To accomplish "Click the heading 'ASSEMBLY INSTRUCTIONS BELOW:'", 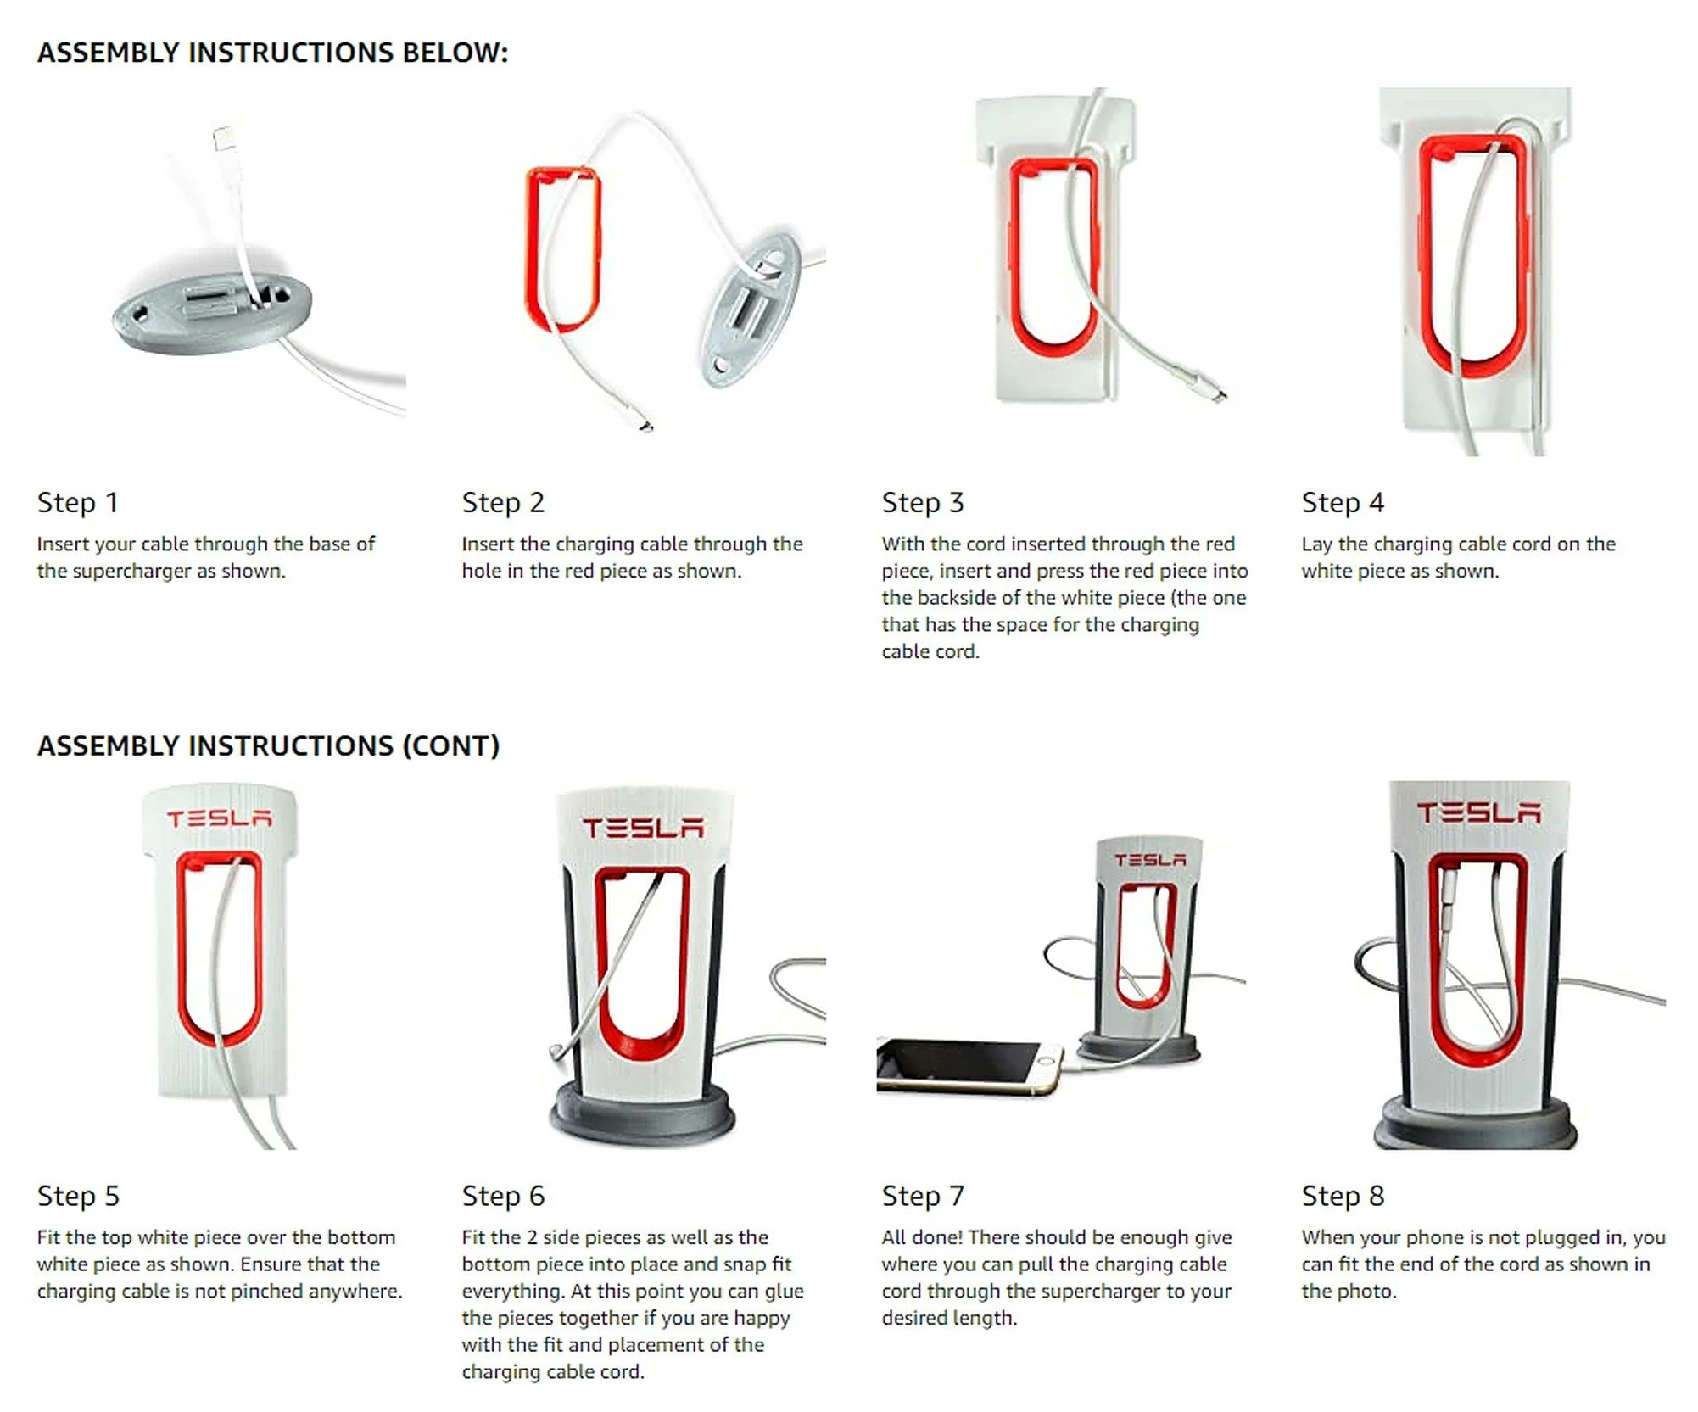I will pos(272,53).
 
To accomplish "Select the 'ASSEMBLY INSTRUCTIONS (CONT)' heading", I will pos(268,746).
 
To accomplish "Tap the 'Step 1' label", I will pos(77,503).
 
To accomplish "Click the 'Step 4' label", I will pos(1343,503).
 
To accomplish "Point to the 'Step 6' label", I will pos(503,1197).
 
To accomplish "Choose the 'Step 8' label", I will pos(1343,1197).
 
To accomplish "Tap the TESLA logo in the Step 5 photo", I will pos(219,818).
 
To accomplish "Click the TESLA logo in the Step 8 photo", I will pos(1478,812).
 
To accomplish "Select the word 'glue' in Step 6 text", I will pos(780,1292).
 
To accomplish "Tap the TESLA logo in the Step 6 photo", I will pos(642,828).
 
